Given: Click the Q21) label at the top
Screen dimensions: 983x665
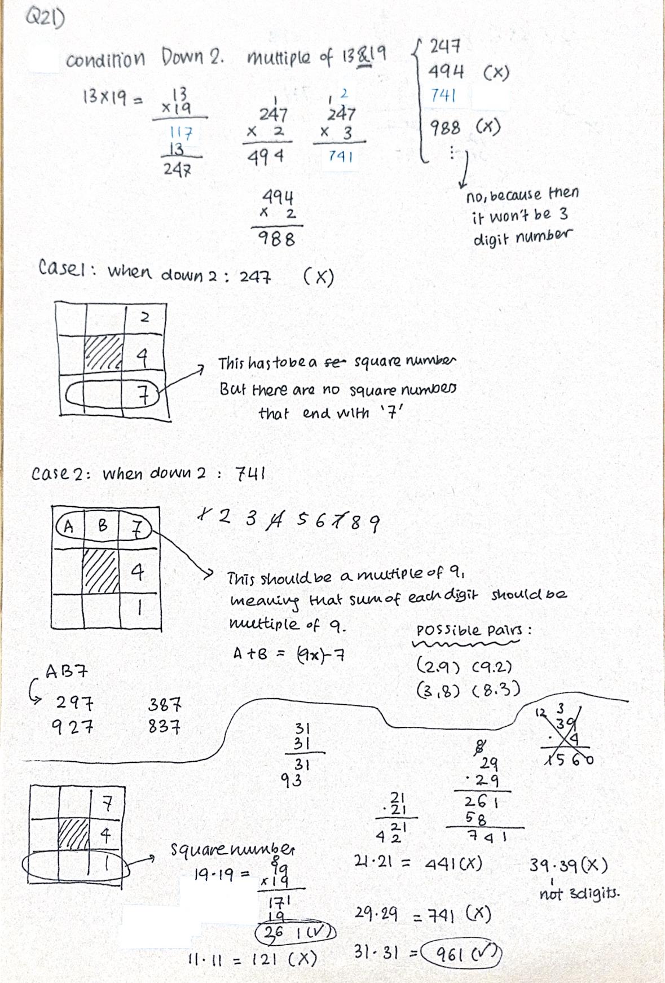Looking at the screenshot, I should (45, 19).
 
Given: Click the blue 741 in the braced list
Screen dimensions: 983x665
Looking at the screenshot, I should (443, 95).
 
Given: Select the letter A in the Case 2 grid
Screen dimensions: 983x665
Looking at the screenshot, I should (68, 526).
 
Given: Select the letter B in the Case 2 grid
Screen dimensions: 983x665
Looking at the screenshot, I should (103, 526).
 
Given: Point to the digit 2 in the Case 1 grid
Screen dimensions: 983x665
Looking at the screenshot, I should (144, 317).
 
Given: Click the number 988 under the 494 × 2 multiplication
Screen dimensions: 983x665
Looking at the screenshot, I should (276, 239).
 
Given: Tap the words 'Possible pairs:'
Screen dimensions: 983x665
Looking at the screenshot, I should (473, 630).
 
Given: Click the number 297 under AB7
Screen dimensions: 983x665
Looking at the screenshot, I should (74, 704).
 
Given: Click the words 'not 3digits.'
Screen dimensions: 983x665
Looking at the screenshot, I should (579, 894).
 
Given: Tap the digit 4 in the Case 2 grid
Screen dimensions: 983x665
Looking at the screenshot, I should (137, 573).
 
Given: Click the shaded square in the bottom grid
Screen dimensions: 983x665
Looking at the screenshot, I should (74, 833).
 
